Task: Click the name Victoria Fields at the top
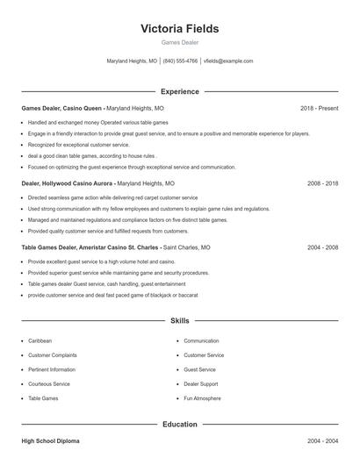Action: [180, 28]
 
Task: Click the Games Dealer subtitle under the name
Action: [180, 43]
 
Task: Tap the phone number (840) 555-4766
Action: [180, 61]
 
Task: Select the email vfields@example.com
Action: [227, 61]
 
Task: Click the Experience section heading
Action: [180, 91]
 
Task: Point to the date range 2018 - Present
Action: [319, 108]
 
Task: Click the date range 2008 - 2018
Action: [322, 184]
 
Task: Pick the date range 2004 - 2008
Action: [322, 247]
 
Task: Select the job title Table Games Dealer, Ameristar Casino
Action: [90, 247]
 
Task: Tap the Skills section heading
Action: [180, 321]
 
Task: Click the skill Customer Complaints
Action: [53, 355]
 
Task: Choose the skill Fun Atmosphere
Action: [202, 398]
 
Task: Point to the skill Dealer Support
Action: [201, 384]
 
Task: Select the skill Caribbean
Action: [40, 340]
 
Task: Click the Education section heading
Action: [180, 425]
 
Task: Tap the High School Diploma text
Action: [52, 441]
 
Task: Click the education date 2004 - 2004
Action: [322, 441]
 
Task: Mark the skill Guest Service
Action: [199, 369]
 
